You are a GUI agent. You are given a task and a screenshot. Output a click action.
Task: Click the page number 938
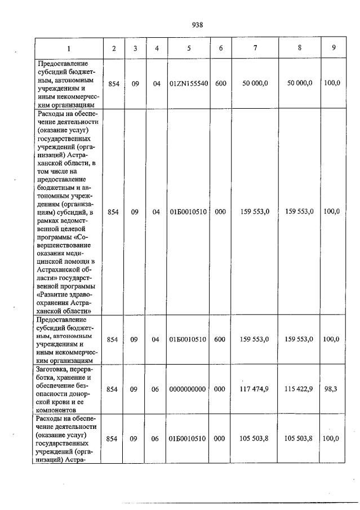click(197, 25)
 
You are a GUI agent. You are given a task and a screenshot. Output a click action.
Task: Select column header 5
click(189, 48)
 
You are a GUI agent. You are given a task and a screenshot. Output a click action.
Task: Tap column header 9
click(334, 48)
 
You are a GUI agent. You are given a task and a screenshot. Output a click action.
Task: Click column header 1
click(69, 48)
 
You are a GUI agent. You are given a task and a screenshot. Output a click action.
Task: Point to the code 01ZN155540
click(189, 83)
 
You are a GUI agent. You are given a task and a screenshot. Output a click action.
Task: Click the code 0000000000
click(189, 389)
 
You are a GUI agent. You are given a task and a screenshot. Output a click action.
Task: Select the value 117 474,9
click(255, 389)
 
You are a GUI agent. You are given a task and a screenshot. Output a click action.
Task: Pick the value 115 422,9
click(299, 389)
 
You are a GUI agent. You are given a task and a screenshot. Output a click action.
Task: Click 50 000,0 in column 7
click(255, 83)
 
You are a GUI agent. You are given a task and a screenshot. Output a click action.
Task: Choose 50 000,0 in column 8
click(299, 83)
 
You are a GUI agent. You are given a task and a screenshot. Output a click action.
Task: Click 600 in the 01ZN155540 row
click(220, 83)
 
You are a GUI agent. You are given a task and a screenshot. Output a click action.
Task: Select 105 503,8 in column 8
click(299, 438)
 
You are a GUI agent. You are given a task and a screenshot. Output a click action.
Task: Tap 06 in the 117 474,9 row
click(157, 389)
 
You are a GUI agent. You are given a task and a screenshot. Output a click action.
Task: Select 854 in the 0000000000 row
click(113, 389)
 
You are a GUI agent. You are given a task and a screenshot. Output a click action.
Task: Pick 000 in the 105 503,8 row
click(220, 438)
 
